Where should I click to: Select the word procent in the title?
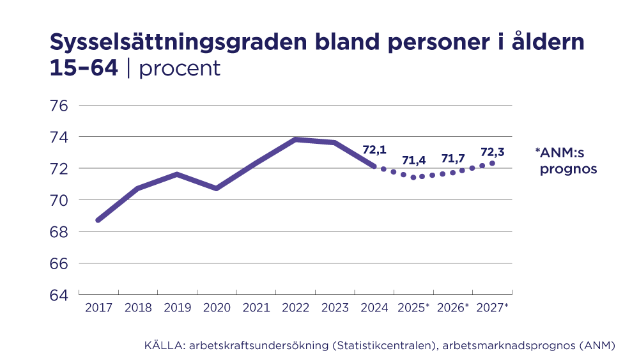(180, 68)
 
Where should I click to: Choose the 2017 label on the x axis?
(98, 308)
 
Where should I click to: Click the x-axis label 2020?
(217, 308)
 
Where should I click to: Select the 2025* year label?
(413, 308)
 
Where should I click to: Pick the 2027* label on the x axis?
(492, 308)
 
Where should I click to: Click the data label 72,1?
(374, 150)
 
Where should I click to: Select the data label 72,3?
(492, 152)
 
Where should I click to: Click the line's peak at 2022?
(295, 139)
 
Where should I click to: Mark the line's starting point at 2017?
(98, 220)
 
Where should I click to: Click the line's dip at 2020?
(217, 189)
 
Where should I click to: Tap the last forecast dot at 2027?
(492, 163)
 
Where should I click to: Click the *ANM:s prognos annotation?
(566, 161)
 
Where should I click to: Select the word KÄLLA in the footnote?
(160, 346)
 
